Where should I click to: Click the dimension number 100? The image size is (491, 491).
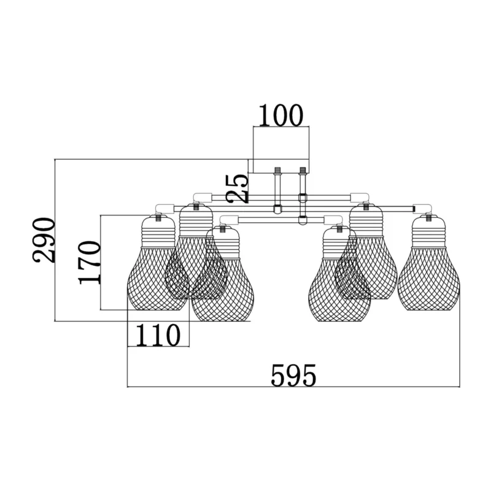click(x=281, y=115)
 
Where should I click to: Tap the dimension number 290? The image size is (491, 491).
click(x=44, y=239)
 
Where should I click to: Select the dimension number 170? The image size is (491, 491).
click(x=90, y=263)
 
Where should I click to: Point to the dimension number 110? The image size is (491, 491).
click(x=158, y=335)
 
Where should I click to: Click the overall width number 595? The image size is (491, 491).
click(x=293, y=375)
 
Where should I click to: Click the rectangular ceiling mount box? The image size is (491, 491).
click(x=281, y=150)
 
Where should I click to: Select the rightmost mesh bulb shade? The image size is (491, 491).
click(x=428, y=278)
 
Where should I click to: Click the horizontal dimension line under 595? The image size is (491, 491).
click(x=294, y=387)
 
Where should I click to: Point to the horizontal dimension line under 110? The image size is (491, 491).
click(x=158, y=346)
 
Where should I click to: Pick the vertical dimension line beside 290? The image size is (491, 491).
click(x=55, y=240)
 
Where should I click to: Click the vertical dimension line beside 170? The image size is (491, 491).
click(x=101, y=263)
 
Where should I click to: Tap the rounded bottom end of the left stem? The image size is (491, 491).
click(x=278, y=211)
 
